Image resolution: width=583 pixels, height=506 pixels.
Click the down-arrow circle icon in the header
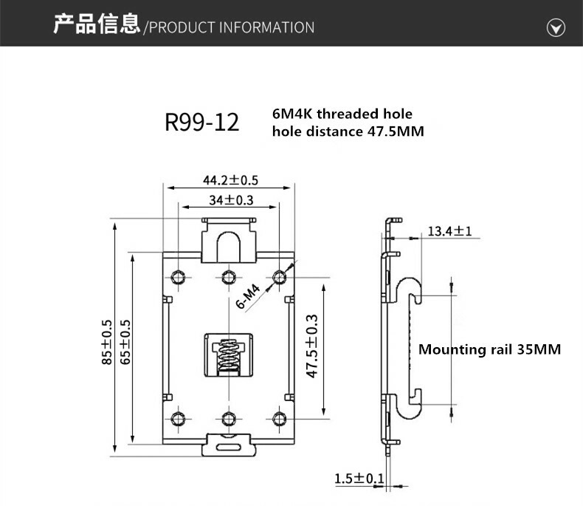pos(555,28)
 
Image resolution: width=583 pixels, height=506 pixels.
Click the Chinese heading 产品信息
pos(96,25)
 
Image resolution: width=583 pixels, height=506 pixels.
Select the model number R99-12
pos(202,122)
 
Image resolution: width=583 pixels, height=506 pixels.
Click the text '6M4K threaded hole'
pos(342,114)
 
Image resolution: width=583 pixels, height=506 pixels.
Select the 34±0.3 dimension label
pos(231,200)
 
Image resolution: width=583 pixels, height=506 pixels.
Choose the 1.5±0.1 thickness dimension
pos(359,479)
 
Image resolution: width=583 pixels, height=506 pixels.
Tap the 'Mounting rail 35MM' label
pos(489,349)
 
